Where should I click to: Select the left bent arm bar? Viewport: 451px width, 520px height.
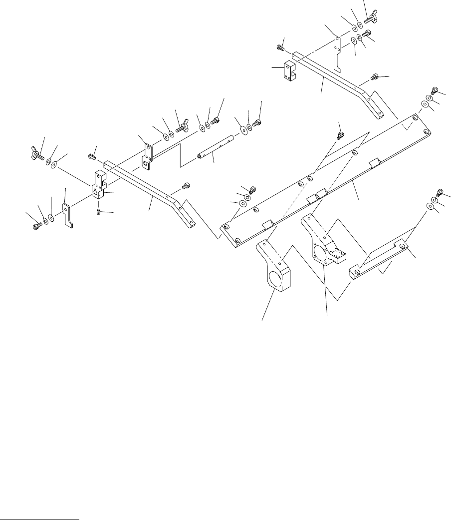[x=150, y=192]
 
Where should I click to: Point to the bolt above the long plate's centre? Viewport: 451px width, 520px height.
[x=341, y=134]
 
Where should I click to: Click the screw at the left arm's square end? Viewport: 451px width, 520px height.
[x=92, y=157]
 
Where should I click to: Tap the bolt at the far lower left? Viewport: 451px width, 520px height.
[x=36, y=226]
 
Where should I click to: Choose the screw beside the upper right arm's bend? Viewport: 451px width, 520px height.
[x=375, y=77]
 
